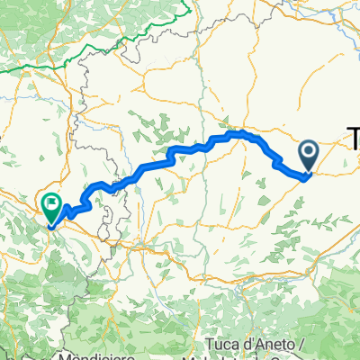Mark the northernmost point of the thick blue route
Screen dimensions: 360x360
pyautogui.click(x=241, y=133)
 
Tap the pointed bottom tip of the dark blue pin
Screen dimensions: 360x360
pyautogui.click(x=307, y=175)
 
